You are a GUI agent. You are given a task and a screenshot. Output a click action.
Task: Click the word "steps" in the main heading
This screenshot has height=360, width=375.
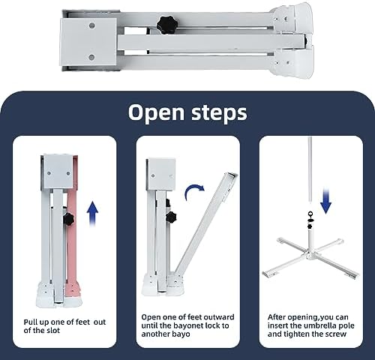(x=220, y=112)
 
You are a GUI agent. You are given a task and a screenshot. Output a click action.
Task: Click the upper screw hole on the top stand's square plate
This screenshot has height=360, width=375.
(x=92, y=25)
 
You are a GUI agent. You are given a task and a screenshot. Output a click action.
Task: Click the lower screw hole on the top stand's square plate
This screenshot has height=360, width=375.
(x=91, y=57)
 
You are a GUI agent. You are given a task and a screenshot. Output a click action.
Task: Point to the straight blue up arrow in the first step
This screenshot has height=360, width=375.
(x=92, y=214)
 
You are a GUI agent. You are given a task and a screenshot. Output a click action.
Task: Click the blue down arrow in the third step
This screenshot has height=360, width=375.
(x=326, y=202)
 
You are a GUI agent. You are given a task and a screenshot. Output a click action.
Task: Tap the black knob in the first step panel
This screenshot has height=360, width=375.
(x=68, y=219)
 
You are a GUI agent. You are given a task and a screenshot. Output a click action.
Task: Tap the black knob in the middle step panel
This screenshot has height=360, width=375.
(x=171, y=217)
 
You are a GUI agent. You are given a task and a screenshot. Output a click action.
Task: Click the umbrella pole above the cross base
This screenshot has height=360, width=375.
(x=310, y=169)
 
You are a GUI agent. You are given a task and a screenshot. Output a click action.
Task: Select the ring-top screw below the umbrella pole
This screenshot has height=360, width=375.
(x=310, y=216)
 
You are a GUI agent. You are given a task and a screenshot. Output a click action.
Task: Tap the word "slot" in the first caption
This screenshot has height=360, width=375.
(x=52, y=331)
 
